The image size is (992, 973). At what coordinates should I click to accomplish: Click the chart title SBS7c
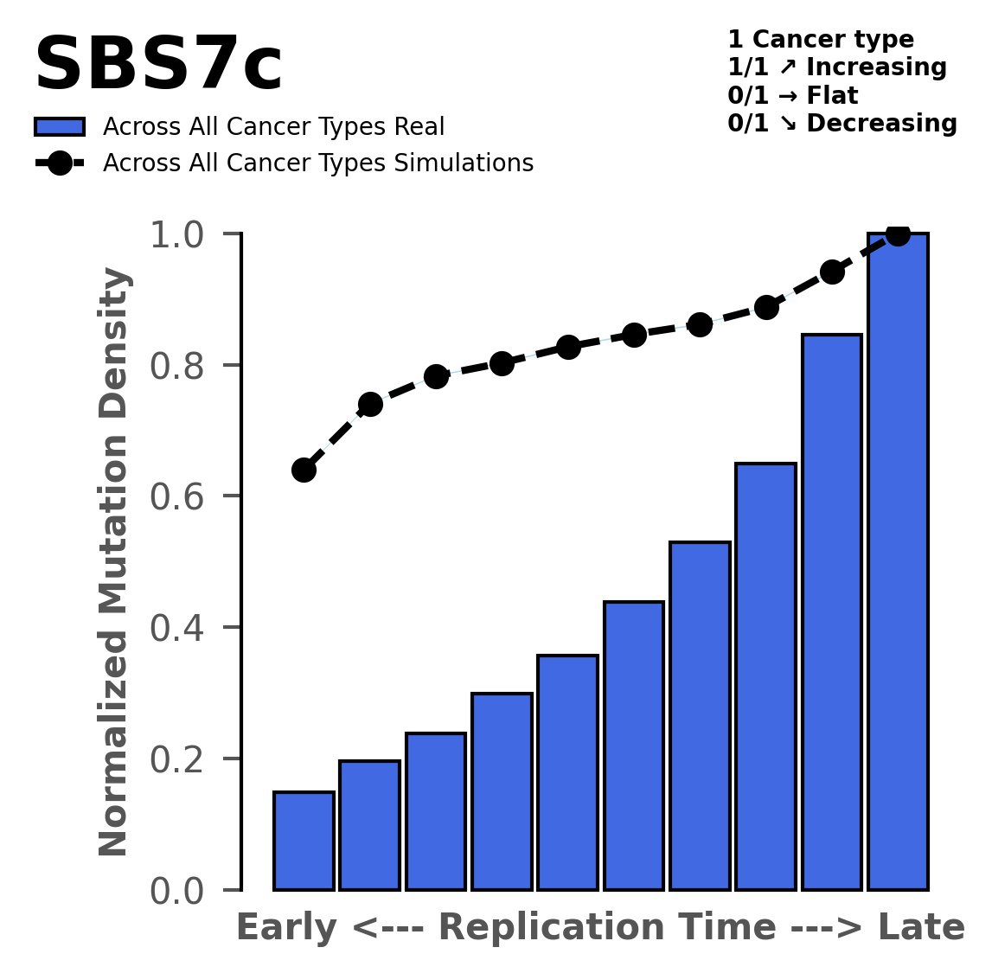click(x=157, y=67)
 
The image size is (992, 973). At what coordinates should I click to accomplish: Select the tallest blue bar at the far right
click(x=898, y=562)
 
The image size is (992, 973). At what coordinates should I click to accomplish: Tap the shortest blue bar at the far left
click(x=304, y=841)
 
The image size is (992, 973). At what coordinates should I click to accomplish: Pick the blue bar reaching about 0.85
click(x=832, y=612)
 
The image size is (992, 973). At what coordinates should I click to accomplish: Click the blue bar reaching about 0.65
click(x=765, y=676)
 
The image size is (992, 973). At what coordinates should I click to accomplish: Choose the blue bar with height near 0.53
click(x=700, y=716)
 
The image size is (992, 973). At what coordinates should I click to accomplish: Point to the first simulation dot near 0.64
click(x=304, y=470)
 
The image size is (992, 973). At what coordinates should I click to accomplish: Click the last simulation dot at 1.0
click(x=898, y=234)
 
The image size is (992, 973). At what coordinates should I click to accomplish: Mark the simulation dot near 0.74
click(x=370, y=404)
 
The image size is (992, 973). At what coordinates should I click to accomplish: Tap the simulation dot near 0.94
click(x=832, y=272)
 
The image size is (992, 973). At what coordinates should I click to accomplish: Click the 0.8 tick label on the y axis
click(x=182, y=366)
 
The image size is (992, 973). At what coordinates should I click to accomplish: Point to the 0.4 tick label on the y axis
click(x=182, y=628)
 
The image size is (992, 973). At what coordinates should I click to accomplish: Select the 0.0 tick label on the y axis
click(x=182, y=891)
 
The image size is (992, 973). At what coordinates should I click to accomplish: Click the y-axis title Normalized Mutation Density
click(x=115, y=562)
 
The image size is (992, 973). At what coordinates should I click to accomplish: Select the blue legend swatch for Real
click(x=60, y=127)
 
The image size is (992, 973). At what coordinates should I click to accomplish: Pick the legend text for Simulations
click(x=317, y=163)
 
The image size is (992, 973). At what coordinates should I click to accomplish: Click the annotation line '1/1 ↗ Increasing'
click(x=837, y=67)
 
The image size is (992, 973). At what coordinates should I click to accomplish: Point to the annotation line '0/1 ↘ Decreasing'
click(x=842, y=124)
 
